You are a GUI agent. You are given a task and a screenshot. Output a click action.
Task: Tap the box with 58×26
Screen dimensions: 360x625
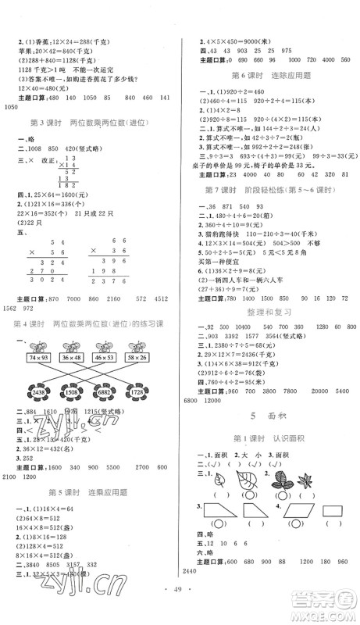coord(137,356)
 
